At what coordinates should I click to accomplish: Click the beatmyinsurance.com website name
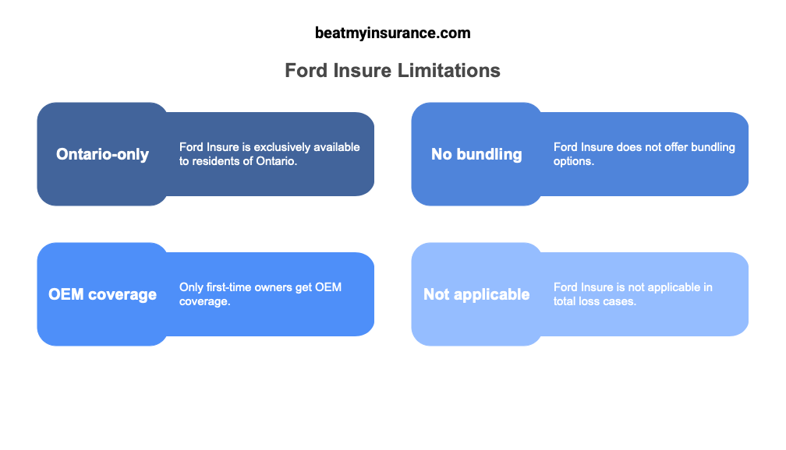[392, 33]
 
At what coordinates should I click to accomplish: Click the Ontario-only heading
[102, 154]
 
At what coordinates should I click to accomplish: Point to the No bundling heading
[476, 154]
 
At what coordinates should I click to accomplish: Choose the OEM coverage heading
[102, 294]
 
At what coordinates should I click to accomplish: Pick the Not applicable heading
[476, 294]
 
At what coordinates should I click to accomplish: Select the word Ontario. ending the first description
[277, 161]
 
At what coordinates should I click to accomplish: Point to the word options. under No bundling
[573, 161]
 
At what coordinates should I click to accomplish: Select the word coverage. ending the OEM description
[204, 301]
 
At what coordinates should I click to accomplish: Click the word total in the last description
[565, 301]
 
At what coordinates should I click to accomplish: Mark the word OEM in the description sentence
[327, 287]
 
